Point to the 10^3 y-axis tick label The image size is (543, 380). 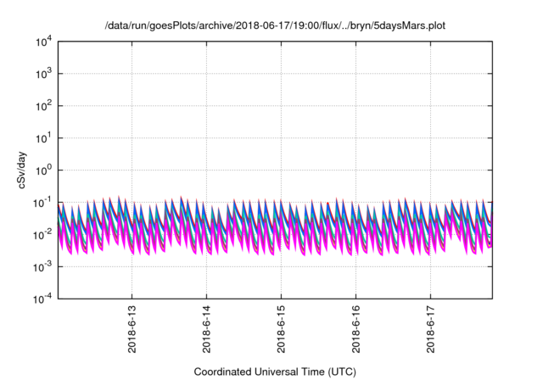pyautogui.click(x=42, y=74)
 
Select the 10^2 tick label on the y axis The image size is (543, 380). pyautogui.click(x=42, y=106)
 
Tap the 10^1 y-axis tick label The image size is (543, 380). pyautogui.click(x=42, y=138)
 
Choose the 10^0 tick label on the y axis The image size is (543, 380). pyautogui.click(x=42, y=170)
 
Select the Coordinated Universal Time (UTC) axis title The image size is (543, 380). pyautogui.click(x=275, y=372)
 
